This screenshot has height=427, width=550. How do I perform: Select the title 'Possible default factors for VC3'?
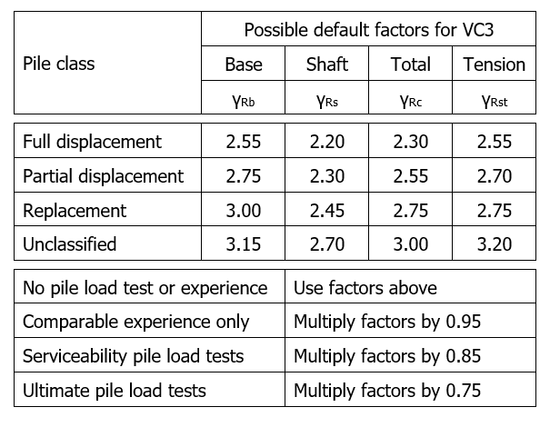[369, 30]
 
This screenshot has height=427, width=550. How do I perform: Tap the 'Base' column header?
[244, 65]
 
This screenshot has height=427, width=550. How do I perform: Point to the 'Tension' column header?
[495, 65]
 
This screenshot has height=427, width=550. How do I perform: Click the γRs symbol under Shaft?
[327, 102]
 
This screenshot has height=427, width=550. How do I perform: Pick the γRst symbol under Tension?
[495, 102]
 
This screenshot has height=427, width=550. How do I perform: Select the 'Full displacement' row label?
[92, 142]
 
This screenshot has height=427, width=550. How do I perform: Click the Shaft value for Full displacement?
[327, 142]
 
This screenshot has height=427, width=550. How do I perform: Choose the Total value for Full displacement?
[410, 142]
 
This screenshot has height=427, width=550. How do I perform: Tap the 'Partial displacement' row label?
[103, 176]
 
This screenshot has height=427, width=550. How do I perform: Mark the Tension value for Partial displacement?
[495, 176]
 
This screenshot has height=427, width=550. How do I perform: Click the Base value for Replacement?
[244, 211]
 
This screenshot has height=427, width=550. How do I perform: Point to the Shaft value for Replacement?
[327, 211]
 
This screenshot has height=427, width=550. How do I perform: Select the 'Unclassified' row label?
[69, 244]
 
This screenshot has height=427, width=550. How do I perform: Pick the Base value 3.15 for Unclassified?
[244, 244]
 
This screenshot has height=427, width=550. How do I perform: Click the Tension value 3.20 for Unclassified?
[495, 244]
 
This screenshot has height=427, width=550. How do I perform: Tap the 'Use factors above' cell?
[365, 288]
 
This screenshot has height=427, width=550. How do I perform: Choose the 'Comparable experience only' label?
[136, 322]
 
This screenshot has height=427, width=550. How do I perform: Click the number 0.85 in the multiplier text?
[463, 356]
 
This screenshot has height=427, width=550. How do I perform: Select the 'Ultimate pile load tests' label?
[115, 391]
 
